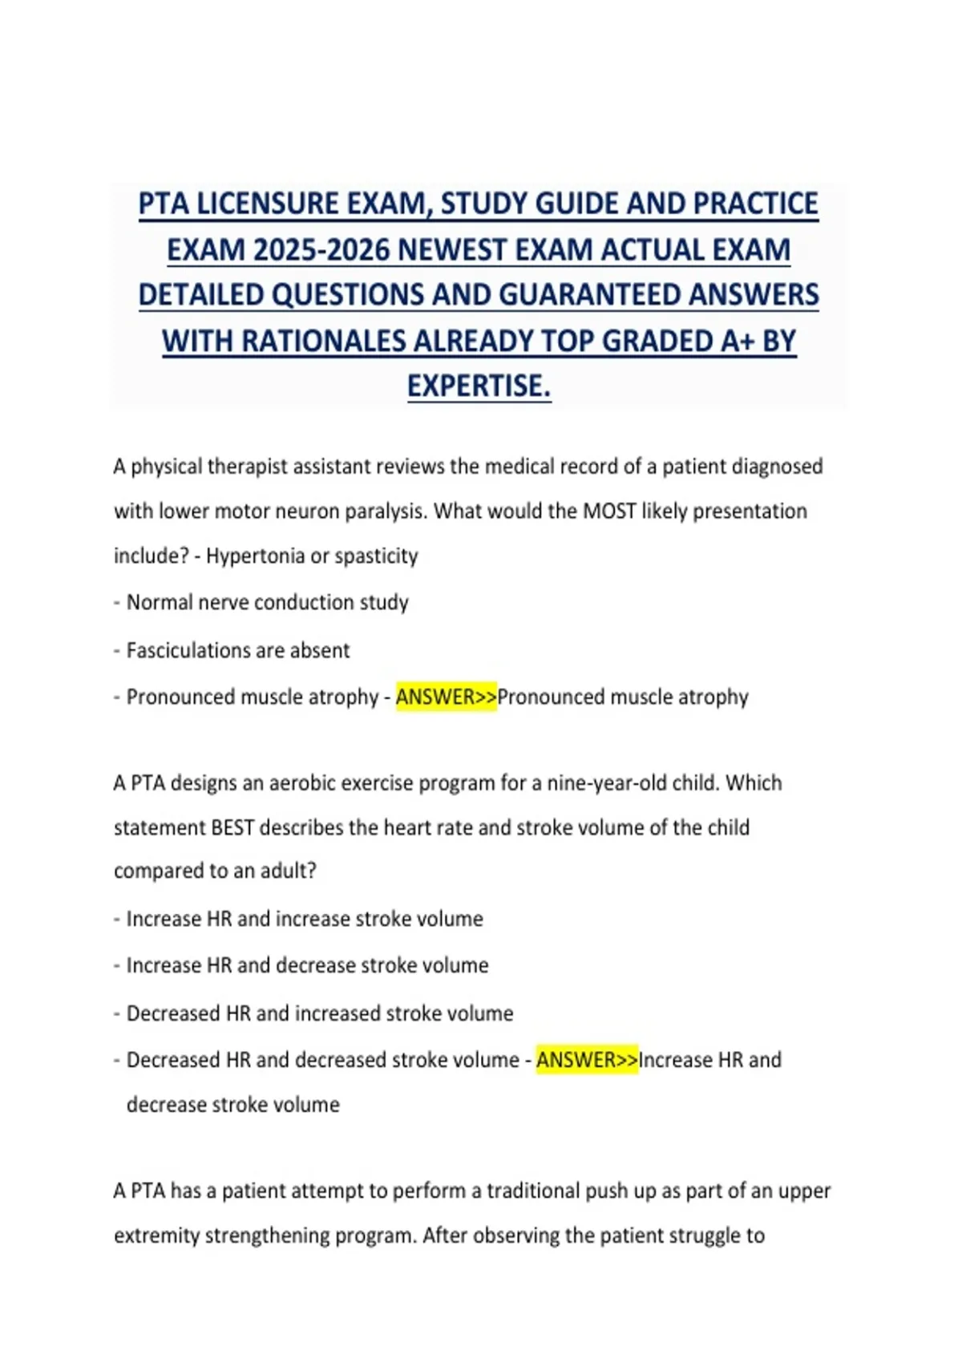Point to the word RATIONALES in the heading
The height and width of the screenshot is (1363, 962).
pos(324,342)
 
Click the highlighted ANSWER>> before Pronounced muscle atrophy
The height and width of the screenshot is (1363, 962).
pos(447,697)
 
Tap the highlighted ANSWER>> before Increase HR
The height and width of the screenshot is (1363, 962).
pos(587,1060)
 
